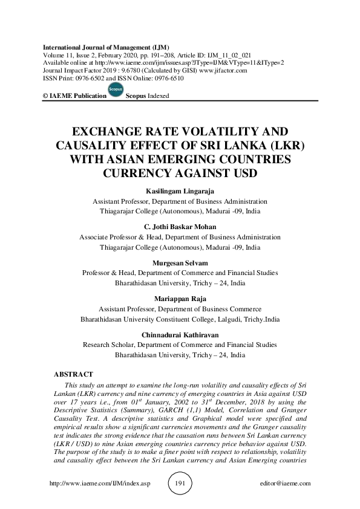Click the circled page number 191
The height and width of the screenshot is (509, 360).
(179, 484)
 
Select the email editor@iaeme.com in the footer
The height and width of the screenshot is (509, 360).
(285, 484)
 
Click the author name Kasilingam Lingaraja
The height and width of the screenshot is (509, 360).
(180, 191)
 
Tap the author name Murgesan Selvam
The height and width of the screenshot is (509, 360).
(180, 263)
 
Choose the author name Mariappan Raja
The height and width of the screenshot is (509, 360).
(180, 299)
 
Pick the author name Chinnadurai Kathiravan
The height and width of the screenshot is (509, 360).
(180, 334)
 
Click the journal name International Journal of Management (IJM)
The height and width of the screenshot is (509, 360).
(103, 47)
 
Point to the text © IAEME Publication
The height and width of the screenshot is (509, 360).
(68, 96)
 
